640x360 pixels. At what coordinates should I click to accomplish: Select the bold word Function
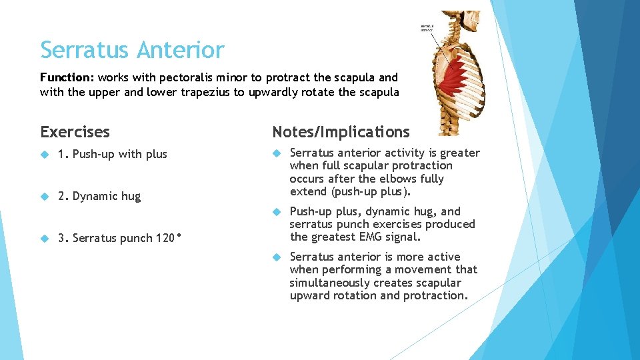(66, 77)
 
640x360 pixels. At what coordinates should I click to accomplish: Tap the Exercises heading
(75, 132)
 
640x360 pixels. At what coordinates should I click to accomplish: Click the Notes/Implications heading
(341, 132)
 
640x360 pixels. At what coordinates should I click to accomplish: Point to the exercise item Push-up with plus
(113, 154)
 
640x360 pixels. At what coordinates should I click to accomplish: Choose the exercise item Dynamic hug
(99, 196)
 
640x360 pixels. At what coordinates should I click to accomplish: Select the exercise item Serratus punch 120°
(121, 238)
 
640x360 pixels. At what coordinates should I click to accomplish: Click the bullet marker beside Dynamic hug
(45, 196)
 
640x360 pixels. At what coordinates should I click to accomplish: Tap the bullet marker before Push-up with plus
(45, 154)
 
